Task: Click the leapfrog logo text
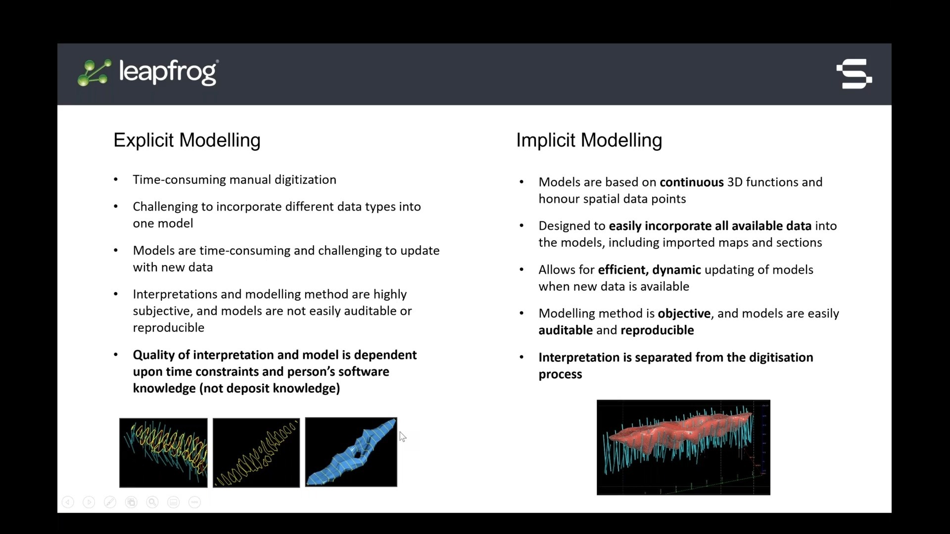coord(167,72)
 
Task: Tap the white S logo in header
coord(854,74)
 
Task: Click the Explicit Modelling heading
coord(187,140)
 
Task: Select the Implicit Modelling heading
coord(589,140)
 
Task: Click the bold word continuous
coord(691,182)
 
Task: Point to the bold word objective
coord(684,313)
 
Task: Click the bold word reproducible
coord(657,330)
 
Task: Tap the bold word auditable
coord(565,330)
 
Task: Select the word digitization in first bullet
coord(305,179)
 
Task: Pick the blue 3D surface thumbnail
coord(351,452)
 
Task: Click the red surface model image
coord(683,447)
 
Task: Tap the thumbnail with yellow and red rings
coord(163,452)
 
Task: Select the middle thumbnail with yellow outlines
coord(256,452)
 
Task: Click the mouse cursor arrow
coord(402,436)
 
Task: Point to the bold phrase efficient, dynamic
coord(649,270)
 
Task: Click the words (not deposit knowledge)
coord(270,388)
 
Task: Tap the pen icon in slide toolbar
coord(110,502)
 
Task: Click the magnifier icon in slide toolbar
coord(152,502)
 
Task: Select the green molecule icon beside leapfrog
coord(94,73)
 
